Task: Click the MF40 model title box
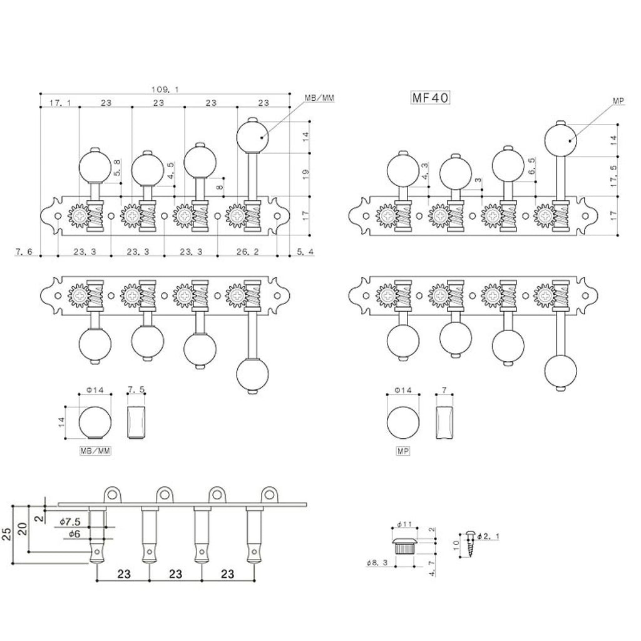tap(430, 98)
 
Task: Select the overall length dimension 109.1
tap(165, 89)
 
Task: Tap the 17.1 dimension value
tap(60, 103)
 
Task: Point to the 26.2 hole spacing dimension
tap(247, 252)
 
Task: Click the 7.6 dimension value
tap(24, 252)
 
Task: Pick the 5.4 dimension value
tap(305, 252)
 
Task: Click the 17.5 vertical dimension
tap(613, 176)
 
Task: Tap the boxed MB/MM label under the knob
tap(95, 451)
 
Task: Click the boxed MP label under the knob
tap(403, 451)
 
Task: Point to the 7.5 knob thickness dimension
tap(136, 389)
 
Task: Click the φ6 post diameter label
tap(74, 534)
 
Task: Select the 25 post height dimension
tap(7, 534)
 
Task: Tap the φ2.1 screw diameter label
tap(488, 536)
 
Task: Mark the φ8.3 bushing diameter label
tap(377, 563)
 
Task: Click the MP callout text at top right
tap(618, 101)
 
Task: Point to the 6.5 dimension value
tap(531, 166)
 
